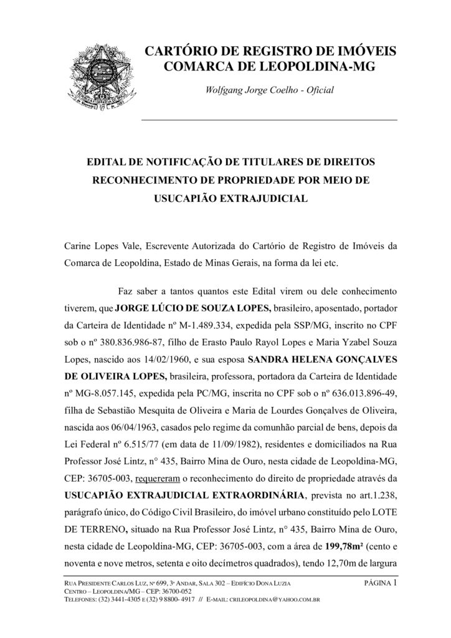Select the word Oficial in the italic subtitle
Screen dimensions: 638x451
[318, 90]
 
